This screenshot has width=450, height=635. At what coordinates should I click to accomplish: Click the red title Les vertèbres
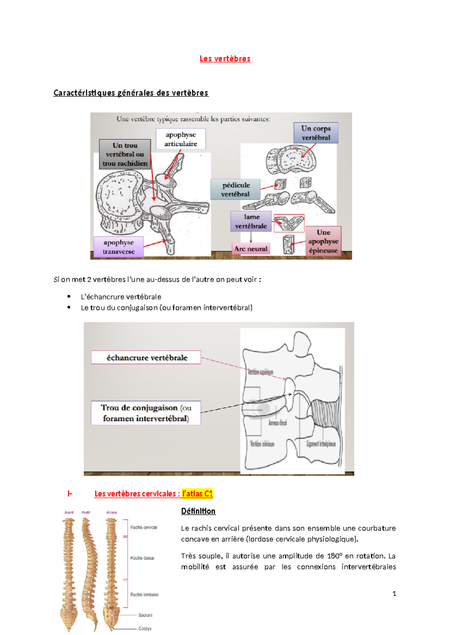(x=225, y=59)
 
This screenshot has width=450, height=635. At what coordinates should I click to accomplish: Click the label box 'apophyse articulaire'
(x=181, y=139)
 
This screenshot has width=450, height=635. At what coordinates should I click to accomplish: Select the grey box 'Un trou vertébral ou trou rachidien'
(x=125, y=154)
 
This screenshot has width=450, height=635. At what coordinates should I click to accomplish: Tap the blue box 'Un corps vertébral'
(x=316, y=133)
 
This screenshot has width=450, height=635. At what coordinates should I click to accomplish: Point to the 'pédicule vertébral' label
(x=235, y=189)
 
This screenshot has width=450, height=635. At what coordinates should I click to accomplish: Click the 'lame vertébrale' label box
(x=251, y=221)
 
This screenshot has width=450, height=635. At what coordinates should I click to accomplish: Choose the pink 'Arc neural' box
(x=251, y=249)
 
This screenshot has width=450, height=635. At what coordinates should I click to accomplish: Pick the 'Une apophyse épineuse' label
(x=323, y=241)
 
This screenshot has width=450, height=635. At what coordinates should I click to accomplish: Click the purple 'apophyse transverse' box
(x=118, y=247)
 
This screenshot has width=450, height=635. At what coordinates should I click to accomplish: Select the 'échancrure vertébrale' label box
(x=146, y=358)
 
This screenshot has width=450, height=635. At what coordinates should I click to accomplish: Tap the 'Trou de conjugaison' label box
(x=146, y=413)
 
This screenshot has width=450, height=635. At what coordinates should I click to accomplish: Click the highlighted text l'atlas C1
(x=198, y=494)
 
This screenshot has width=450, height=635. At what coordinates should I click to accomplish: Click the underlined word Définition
(x=198, y=511)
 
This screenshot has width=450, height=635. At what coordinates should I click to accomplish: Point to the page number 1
(x=394, y=593)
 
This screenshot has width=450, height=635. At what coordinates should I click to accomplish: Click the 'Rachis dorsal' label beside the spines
(x=142, y=558)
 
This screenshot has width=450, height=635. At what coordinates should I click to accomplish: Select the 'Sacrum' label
(x=145, y=615)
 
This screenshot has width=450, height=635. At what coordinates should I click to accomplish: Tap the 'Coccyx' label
(x=145, y=629)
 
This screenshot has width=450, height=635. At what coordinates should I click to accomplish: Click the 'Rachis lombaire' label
(x=144, y=595)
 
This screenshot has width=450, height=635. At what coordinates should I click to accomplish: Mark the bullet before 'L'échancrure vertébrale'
(x=69, y=297)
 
